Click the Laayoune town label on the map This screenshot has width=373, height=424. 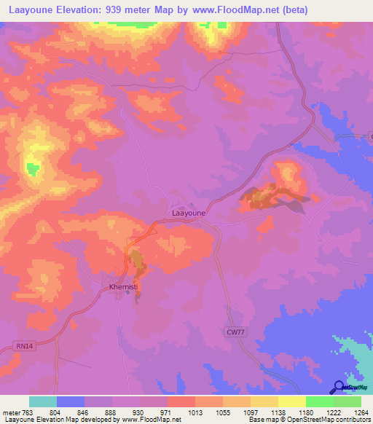coord(189,213)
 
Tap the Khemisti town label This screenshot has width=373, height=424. coord(123,287)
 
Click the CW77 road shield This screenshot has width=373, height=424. coord(234,331)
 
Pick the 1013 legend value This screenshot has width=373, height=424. coord(195,412)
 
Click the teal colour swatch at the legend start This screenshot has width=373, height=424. coord(43,401)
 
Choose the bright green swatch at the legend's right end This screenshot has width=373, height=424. coord(348,401)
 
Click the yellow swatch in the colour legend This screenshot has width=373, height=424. coord(292,401)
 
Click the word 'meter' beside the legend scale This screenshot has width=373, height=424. coord(11,412)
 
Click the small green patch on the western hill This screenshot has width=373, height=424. coord(32,169)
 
